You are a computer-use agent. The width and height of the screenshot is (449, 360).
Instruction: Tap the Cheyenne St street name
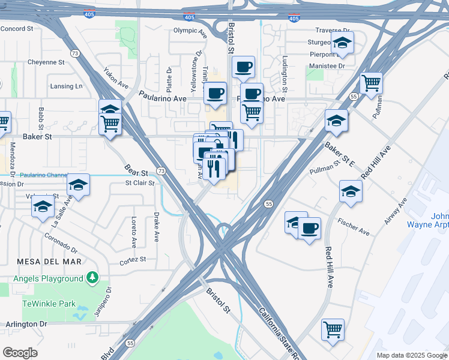pos(46,62)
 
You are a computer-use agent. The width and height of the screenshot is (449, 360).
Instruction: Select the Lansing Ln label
pos(66,86)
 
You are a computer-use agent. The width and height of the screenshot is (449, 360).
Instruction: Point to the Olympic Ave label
pos(190,30)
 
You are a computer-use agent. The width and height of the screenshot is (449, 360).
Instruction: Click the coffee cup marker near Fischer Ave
pos(309,229)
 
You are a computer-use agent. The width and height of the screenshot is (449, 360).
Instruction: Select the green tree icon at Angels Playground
pos(92,277)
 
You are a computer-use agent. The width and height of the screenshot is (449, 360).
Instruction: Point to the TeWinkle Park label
pos(49,304)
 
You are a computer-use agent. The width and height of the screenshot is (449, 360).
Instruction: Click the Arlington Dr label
pos(26,323)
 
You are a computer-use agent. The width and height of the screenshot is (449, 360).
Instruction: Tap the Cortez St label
pos(133,259)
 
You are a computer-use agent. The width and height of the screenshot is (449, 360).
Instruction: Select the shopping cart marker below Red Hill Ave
pos(333,329)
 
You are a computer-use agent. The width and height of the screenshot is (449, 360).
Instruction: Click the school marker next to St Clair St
pos(78,185)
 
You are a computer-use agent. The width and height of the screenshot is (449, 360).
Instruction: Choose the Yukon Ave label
pos(116,77)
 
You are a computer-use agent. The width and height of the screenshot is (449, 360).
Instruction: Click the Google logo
pos(20,353)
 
